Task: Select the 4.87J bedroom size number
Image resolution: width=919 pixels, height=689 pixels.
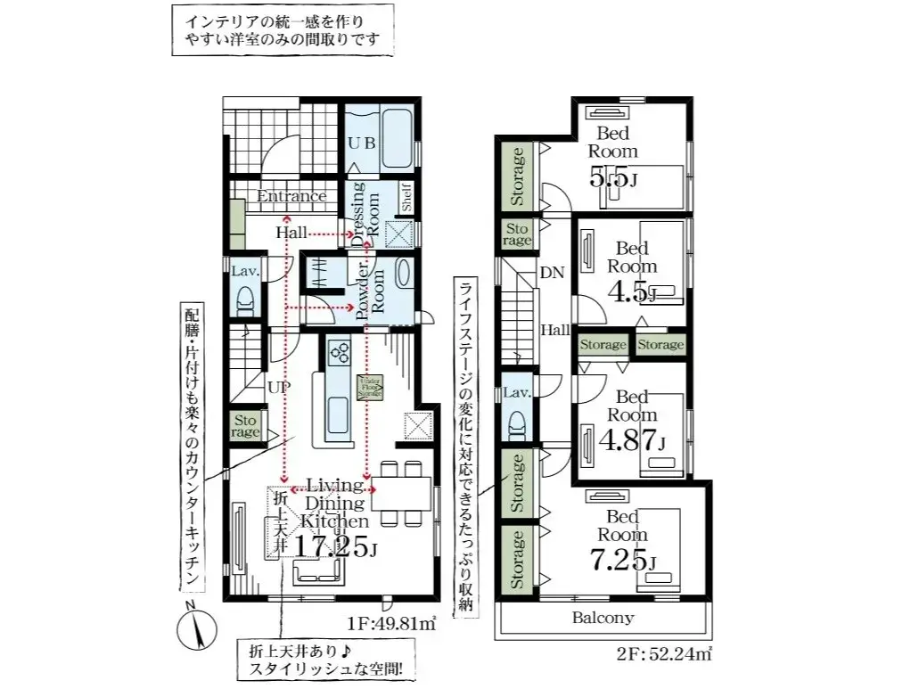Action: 631,439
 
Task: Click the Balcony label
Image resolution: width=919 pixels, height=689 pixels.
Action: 603,617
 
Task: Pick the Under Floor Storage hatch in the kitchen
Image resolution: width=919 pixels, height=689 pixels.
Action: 369,388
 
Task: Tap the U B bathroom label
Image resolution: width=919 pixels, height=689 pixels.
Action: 360,143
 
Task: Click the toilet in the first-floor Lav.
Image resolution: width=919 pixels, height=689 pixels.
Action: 245,301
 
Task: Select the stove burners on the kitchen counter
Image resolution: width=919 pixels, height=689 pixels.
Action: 339,353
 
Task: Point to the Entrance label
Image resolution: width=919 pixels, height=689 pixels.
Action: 291,196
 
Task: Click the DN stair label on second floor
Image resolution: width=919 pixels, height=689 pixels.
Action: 551,275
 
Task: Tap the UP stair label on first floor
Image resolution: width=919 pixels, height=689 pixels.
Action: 277,389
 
